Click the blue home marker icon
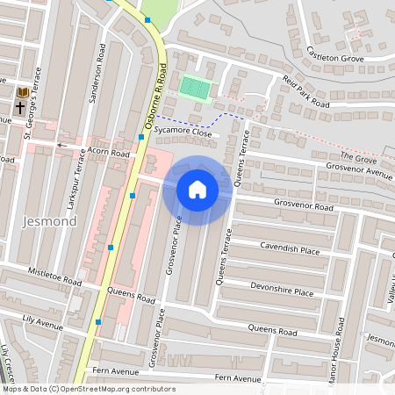click(197, 190)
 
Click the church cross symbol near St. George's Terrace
click(19, 108)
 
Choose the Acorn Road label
click(108, 152)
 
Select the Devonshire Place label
click(282, 291)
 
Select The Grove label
click(358, 156)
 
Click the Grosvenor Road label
click(304, 207)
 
